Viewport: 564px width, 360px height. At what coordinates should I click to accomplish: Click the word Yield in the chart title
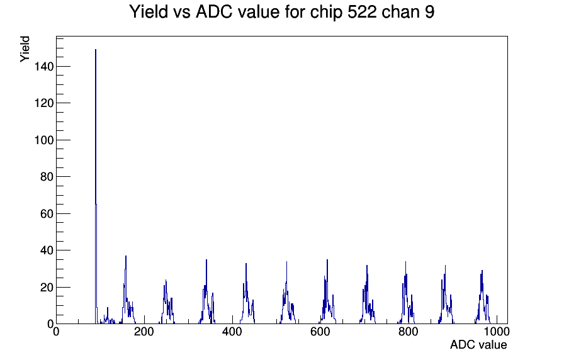(148, 11)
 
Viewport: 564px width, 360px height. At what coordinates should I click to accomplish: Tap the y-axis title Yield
(25, 49)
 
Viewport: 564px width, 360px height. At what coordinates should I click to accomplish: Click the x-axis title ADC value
(478, 344)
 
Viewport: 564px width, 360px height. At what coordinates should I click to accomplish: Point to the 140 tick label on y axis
(44, 67)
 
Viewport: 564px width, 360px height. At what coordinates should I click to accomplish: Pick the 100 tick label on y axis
(44, 140)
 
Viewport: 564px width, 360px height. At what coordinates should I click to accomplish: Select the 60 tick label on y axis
(47, 213)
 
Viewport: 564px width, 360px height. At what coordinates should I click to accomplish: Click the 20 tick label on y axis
(47, 288)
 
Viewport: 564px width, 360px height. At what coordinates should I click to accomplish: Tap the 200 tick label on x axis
(144, 331)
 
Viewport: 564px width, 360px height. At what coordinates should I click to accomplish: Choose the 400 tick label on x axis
(232, 331)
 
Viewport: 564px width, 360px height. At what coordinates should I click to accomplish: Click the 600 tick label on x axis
(320, 331)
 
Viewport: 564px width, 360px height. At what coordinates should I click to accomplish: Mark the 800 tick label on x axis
(409, 331)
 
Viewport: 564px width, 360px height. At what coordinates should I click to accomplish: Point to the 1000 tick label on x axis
(497, 331)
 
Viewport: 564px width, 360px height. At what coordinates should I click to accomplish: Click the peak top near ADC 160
(126, 256)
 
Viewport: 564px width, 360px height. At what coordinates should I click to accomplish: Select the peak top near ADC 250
(166, 280)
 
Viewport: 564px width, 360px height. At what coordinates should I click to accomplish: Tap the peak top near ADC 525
(286, 262)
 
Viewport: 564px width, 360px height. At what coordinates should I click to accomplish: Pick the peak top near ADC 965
(482, 271)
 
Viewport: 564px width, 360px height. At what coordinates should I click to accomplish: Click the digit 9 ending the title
(430, 12)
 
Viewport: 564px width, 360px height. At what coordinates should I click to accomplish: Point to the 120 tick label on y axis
(44, 103)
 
